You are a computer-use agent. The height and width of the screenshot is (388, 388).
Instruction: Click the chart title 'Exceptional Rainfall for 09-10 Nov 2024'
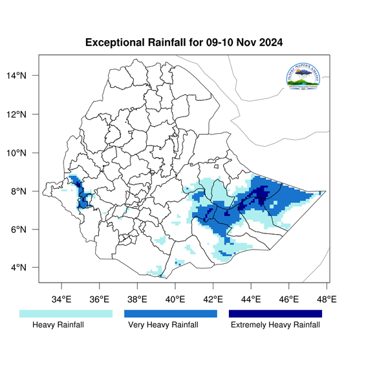(184, 43)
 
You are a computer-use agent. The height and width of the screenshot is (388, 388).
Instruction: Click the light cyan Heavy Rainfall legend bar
(66, 313)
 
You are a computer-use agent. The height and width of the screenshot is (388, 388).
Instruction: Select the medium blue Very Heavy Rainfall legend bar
(170, 313)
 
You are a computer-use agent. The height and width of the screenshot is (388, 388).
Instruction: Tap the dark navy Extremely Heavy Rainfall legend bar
(275, 313)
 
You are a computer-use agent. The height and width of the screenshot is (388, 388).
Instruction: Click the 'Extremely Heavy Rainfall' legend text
(275, 325)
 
